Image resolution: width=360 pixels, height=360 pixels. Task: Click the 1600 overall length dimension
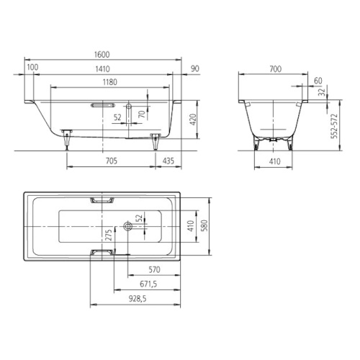[x=102, y=55]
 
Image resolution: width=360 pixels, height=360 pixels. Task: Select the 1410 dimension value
[x=102, y=69]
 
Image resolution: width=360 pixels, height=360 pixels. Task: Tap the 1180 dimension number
[x=110, y=82]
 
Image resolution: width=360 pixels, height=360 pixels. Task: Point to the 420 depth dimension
[x=193, y=120]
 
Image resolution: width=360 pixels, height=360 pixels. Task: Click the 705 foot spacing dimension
[x=112, y=161]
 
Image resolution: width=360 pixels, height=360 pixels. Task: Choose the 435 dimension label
[x=168, y=161]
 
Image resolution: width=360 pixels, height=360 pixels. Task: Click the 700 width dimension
[x=275, y=69]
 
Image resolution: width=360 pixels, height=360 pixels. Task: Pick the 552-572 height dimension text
[x=334, y=126]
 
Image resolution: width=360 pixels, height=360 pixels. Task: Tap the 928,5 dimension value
[x=138, y=299]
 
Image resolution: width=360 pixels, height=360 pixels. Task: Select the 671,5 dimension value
[x=148, y=284]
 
